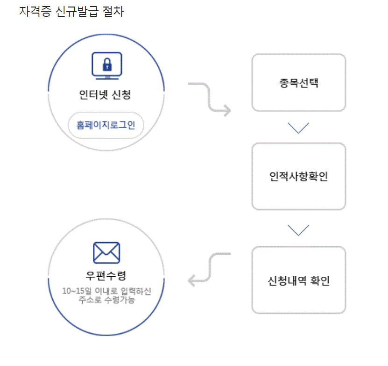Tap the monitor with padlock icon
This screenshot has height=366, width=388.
107,66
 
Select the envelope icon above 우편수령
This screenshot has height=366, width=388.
106,252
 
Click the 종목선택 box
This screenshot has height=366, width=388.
299,83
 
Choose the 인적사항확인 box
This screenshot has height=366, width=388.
299,176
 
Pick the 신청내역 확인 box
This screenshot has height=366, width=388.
299,280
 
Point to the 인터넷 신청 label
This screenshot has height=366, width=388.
105,95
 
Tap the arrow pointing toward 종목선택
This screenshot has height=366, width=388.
210,98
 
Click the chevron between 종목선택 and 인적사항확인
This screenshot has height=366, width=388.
299,127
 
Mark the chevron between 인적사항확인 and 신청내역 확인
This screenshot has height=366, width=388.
299,230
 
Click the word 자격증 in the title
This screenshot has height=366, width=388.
33,12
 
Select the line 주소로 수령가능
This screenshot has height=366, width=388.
106,300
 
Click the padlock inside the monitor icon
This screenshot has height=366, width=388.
107,64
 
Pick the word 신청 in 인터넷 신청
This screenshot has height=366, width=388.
121,95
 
